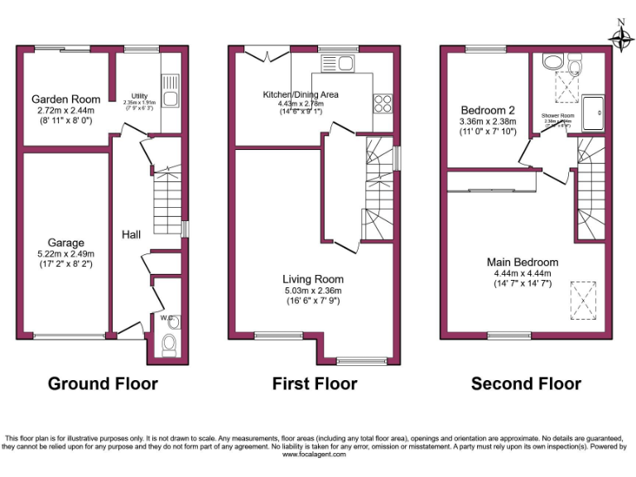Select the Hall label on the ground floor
coord(131,235)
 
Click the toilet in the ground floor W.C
coord(170,344)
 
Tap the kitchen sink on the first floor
coord(337,62)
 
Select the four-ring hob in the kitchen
coord(383,102)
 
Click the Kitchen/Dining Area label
coord(300,94)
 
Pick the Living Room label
coord(312,279)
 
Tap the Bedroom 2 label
coord(488,110)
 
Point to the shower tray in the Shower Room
coord(593,113)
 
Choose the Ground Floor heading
coord(103,383)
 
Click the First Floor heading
coord(315,383)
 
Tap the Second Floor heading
coord(526,383)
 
